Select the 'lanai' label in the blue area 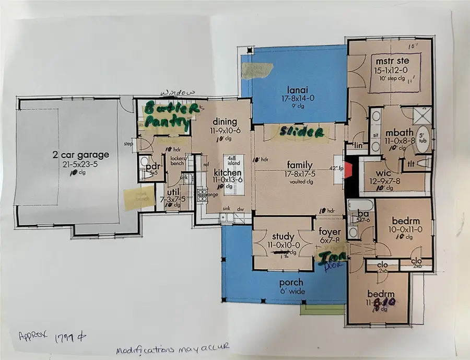click(298, 89)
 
